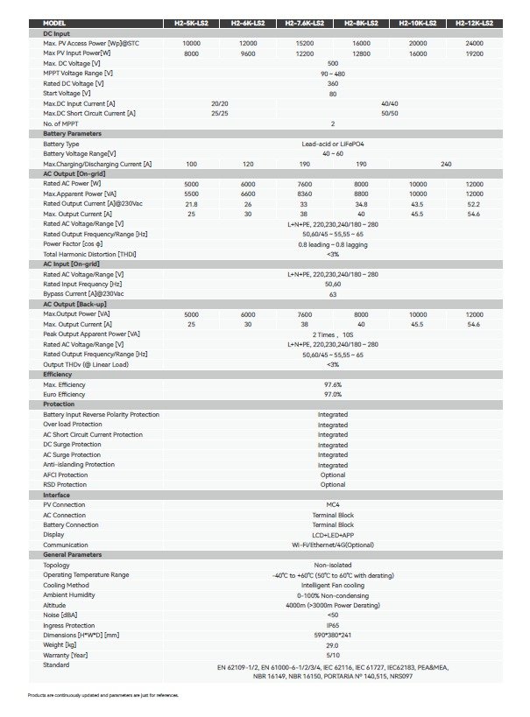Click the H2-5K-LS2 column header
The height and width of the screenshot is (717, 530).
[191, 24]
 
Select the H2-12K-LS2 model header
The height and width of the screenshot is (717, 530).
[474, 24]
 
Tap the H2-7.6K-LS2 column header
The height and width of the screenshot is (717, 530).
[304, 24]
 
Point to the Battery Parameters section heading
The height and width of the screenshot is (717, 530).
[72, 133]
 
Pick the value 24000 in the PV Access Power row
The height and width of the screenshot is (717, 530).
[474, 43]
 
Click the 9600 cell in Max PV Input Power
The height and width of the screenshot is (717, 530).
[248, 53]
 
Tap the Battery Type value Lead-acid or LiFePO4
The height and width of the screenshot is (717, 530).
[332, 144]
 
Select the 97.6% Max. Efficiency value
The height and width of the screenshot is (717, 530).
[332, 384]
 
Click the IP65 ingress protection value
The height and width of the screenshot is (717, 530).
[332, 625]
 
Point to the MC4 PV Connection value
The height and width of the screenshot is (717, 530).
[332, 505]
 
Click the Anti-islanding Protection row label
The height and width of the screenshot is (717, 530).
[79, 465]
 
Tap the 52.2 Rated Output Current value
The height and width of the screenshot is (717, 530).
[474, 204]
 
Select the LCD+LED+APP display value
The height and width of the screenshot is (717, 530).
[332, 534]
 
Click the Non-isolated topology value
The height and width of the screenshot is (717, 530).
[332, 566]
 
